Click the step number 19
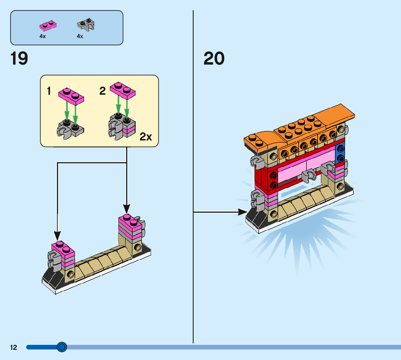pos(19,58)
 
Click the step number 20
pos(214,58)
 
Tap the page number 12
pos(13,348)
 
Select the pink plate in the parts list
pos(48,25)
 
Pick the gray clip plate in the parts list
pos(86,24)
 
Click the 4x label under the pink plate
pos(43,36)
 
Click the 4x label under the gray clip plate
pos(80,36)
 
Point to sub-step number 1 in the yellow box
pos(49,91)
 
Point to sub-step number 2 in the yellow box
pos(103,91)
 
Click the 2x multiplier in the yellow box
pos(146,137)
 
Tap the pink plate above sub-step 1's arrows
pos(71,95)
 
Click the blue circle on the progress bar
pos(62,347)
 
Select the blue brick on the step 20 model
pos(340,153)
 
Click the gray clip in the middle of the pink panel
pos(309,175)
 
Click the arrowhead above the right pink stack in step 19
pos(127,209)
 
